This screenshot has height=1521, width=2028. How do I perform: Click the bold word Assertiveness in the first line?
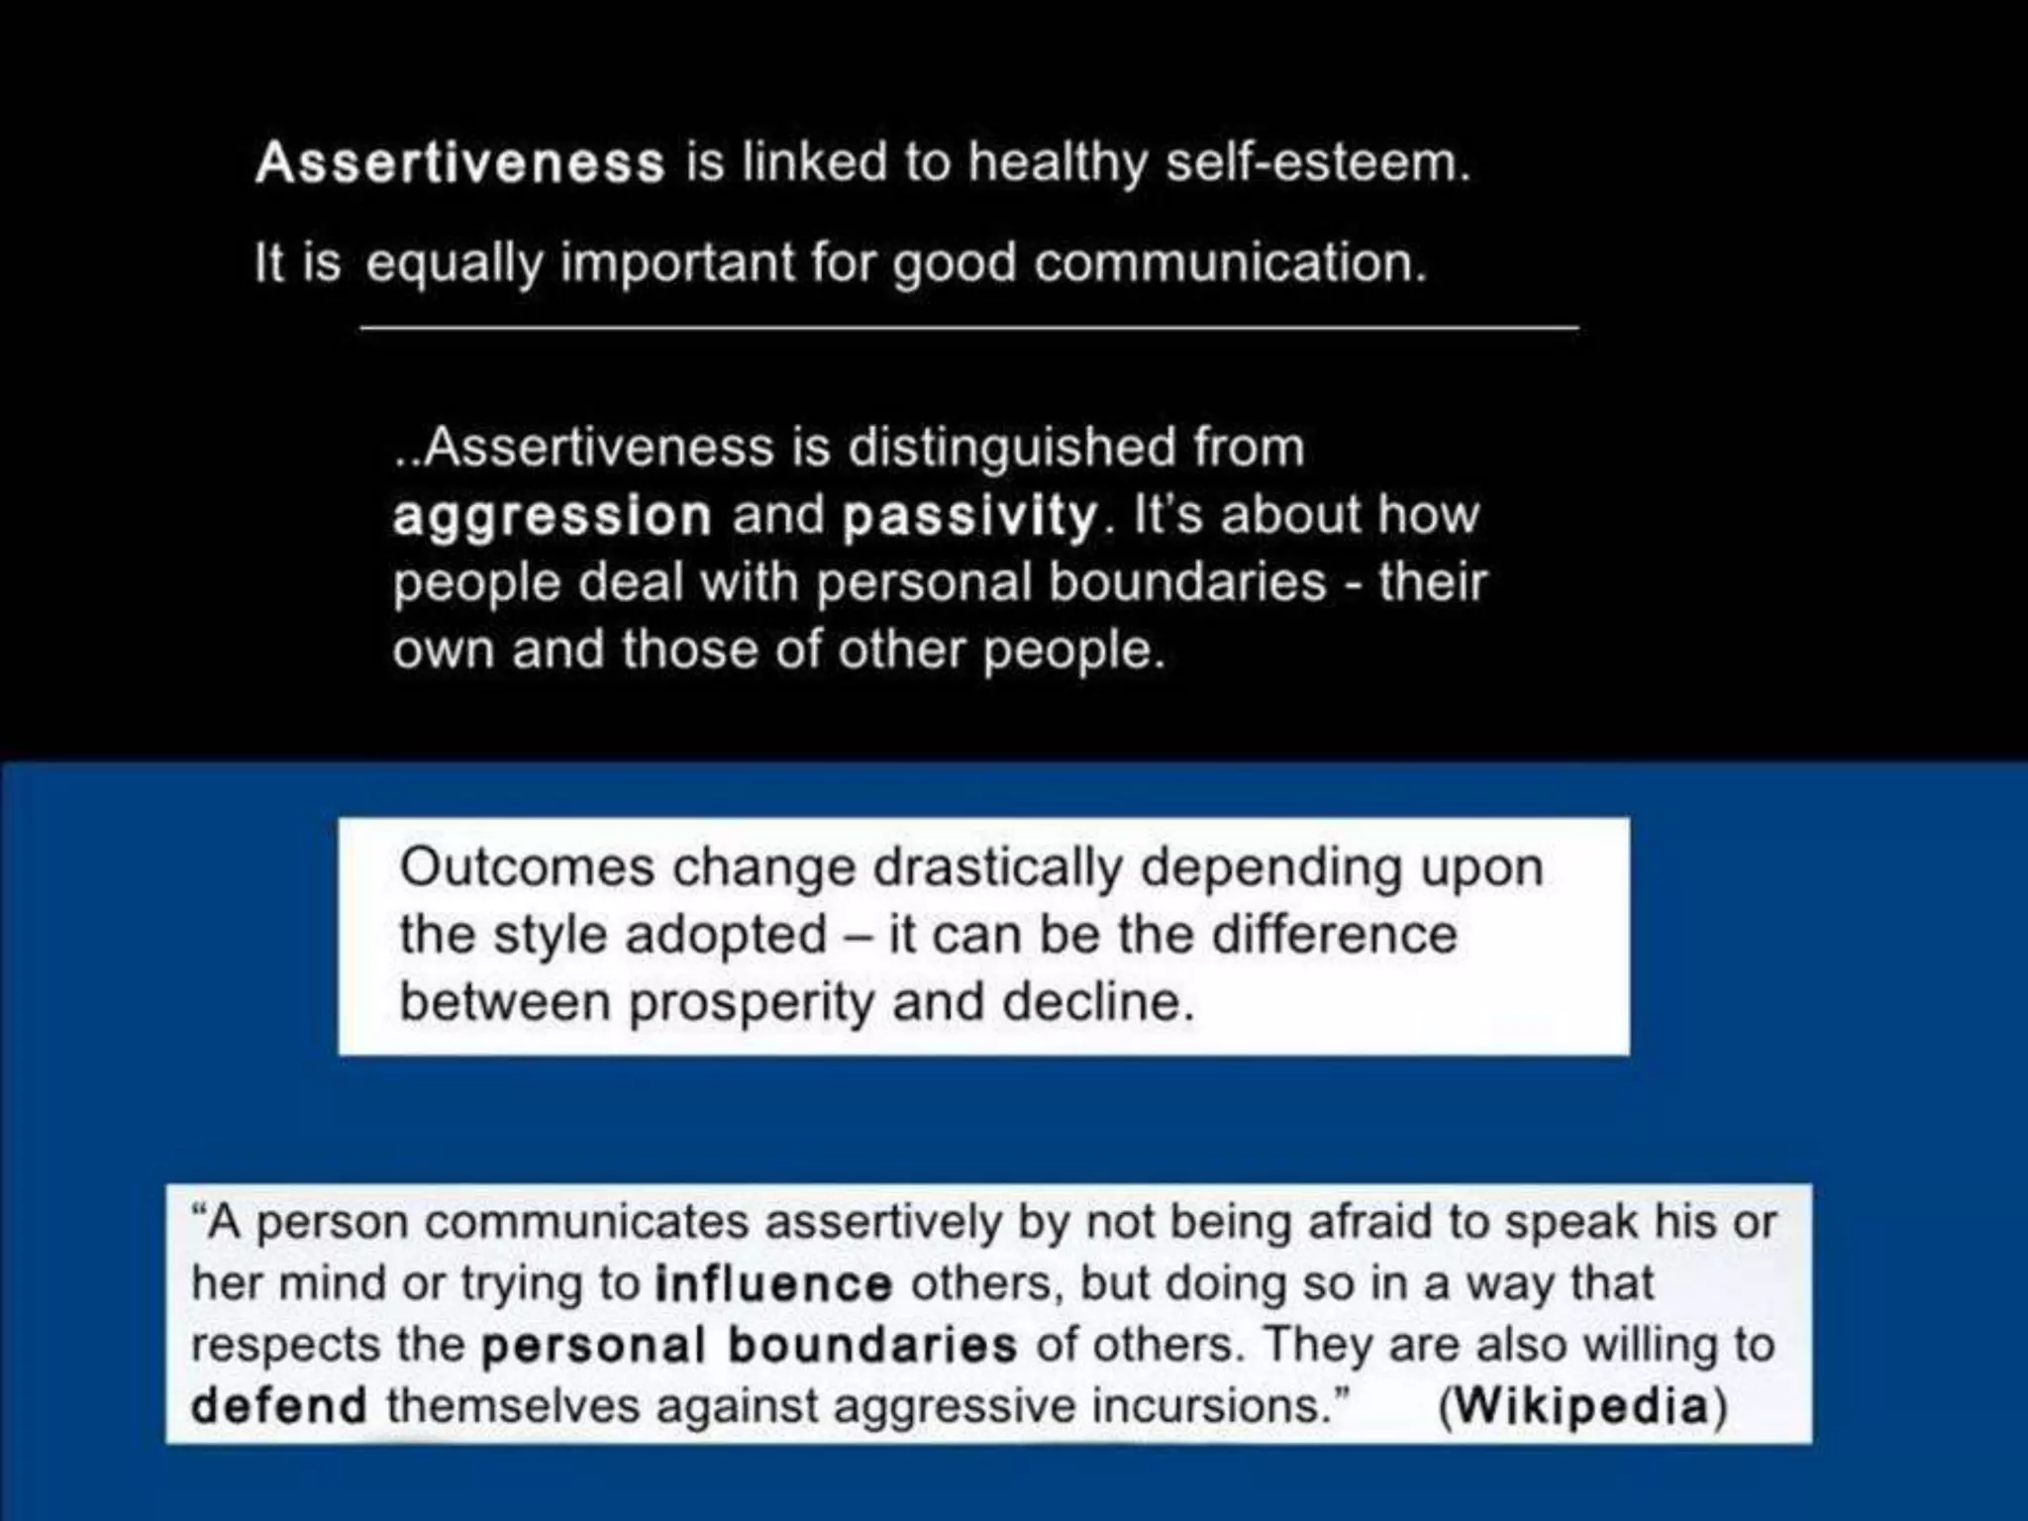click(x=460, y=163)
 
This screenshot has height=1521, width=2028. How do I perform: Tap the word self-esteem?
click(x=1317, y=161)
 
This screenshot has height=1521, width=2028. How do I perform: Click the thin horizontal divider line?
click(x=968, y=327)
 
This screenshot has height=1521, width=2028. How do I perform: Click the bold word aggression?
click(x=552, y=517)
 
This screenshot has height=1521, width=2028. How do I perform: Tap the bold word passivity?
click(x=969, y=517)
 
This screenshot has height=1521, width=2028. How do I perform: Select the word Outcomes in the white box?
click(x=528, y=868)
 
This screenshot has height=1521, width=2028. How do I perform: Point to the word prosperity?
click(x=752, y=1003)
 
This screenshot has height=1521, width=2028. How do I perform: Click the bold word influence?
click(x=774, y=1284)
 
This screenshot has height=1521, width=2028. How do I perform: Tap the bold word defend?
click(x=279, y=1406)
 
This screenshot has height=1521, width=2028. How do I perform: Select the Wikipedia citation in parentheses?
click(x=1582, y=1406)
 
